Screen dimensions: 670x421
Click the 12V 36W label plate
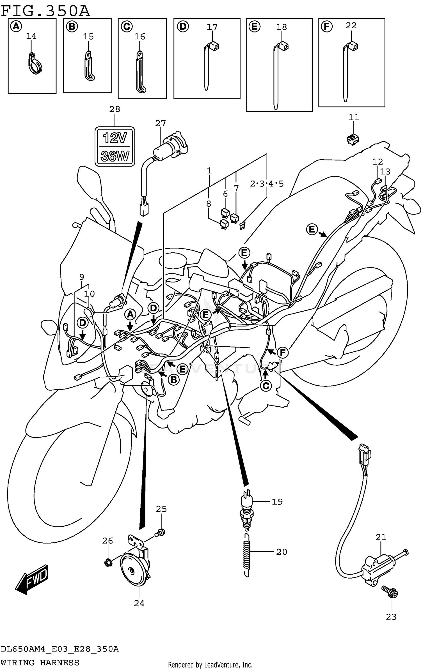pos(115,146)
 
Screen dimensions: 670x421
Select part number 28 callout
pos(115,109)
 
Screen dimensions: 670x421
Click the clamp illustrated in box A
pos(35,64)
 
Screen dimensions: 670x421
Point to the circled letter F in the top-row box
pos(326,27)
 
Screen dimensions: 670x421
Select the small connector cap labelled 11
pos(353,139)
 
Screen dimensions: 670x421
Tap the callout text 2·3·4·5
pos(267,184)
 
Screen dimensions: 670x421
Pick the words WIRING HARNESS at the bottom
pos(40,662)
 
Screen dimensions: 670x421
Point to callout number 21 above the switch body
pos(381,537)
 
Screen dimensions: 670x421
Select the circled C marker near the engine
pos(266,386)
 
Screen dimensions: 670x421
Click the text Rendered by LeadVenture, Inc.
pos(210,664)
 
